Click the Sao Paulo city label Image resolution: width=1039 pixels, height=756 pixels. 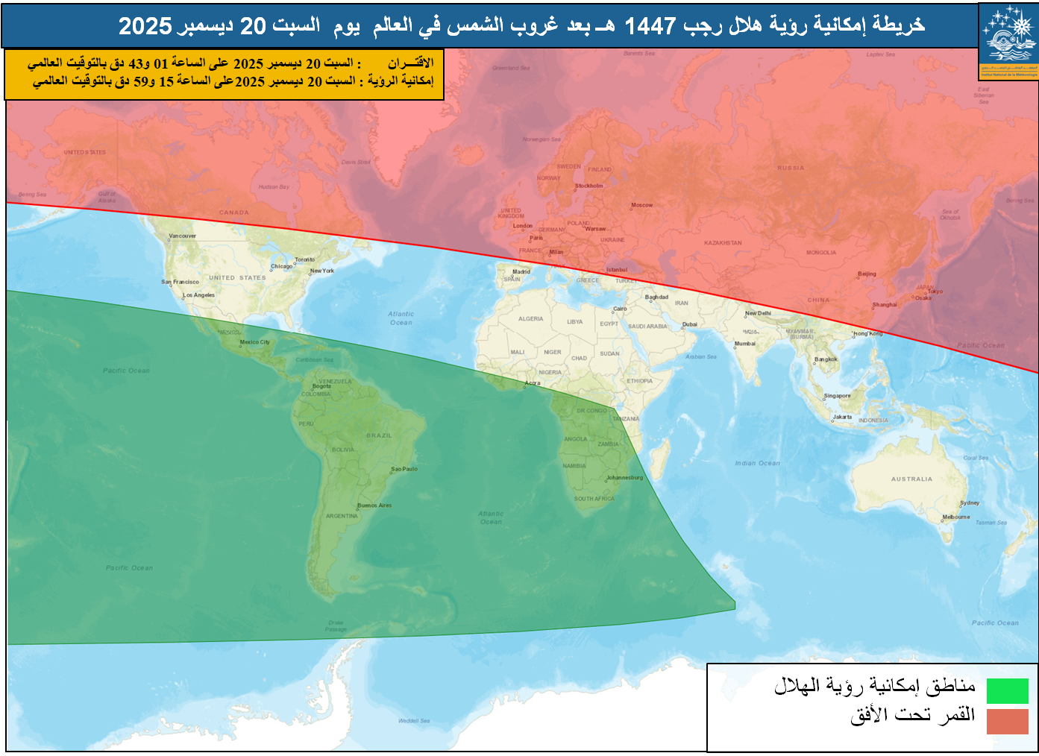tap(404, 469)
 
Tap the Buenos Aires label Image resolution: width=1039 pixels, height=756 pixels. tap(374, 505)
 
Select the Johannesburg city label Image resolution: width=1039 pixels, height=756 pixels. tap(624, 477)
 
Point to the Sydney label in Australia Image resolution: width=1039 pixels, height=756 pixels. tap(970, 503)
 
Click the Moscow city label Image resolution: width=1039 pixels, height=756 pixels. tap(641, 205)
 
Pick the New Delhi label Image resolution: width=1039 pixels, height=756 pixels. tap(758, 313)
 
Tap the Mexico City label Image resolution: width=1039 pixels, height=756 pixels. tap(254, 342)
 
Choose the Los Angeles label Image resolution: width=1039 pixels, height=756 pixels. tap(199, 295)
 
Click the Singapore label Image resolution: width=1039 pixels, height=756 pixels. tap(837, 396)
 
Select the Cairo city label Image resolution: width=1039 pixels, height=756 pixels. tap(620, 309)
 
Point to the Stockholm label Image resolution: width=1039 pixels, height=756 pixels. tap(588, 186)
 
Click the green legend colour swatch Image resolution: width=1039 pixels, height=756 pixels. tap(1007, 690)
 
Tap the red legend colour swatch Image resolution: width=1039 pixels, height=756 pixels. tap(1007, 721)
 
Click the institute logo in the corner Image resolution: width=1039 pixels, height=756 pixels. tap(1008, 40)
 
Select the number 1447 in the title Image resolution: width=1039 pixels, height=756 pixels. tap(649, 26)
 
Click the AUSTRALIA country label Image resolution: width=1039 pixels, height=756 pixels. tap(911, 479)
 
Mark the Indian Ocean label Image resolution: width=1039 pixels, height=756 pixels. tap(757, 463)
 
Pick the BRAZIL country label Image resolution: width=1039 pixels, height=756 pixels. tap(379, 435)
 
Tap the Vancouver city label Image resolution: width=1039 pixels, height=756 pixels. tap(182, 236)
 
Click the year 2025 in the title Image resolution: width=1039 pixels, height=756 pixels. tap(145, 26)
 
